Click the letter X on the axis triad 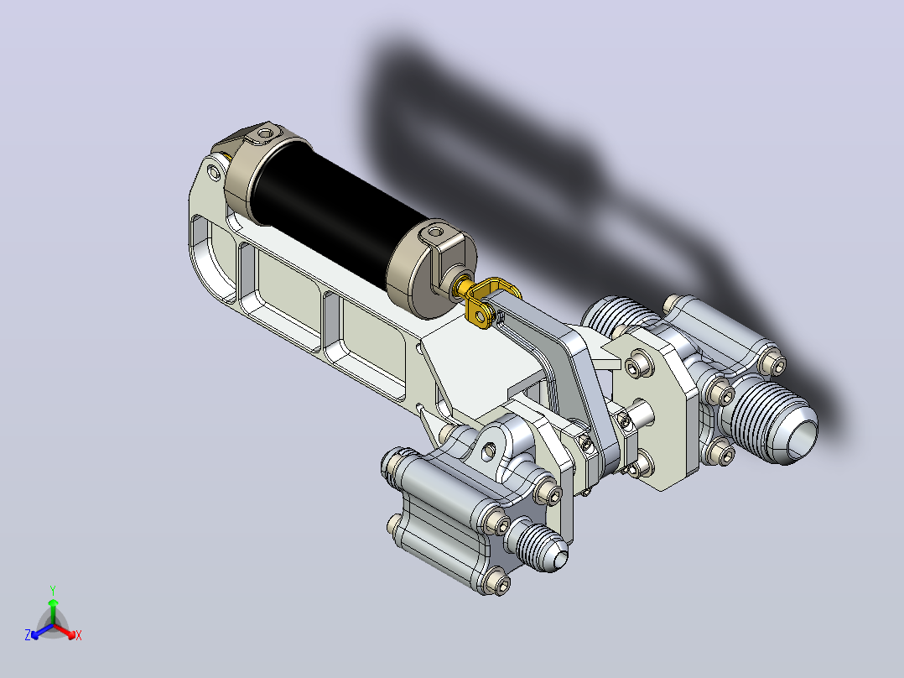79,635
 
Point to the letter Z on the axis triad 28,635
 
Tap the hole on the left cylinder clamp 265,133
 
